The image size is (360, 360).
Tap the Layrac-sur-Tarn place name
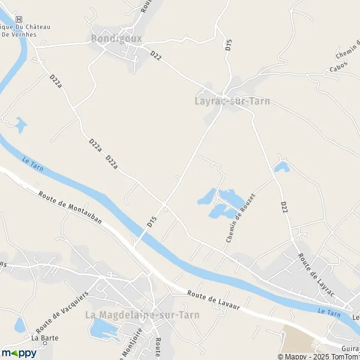[232, 101]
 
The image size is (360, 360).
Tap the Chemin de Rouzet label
[241, 218]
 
